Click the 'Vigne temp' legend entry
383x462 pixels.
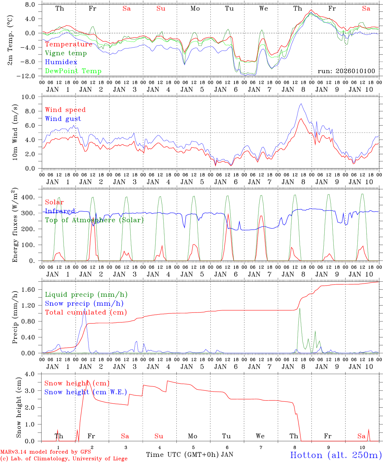coord(66,53)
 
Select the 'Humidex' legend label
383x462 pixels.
coord(61,62)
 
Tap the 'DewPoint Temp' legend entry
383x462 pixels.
coord(73,71)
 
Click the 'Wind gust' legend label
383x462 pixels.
coord(63,119)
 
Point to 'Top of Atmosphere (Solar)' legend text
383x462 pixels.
coord(94,220)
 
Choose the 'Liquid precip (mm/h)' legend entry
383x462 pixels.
coord(86,295)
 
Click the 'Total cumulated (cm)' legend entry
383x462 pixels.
coord(86,312)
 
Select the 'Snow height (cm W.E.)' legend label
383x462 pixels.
coord(86,392)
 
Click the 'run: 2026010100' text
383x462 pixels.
coord(346,71)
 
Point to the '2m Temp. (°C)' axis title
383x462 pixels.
coord(10,40)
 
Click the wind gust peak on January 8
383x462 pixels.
coord(301,104)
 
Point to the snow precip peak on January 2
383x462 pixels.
coord(85,309)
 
